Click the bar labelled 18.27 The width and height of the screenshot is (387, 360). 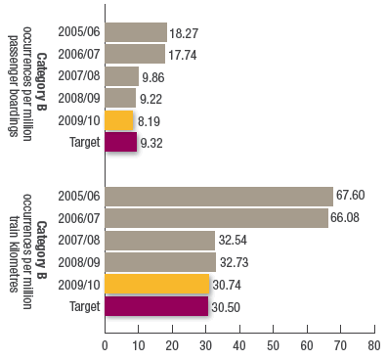pos(135,31)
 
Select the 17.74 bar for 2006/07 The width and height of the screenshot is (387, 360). pos(134,54)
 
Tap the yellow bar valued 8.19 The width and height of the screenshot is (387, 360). pos(118,120)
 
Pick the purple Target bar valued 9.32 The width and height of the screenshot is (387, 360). pos(120,143)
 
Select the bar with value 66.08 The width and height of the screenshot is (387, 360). pos(216,217)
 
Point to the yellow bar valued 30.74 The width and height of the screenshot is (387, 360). pos(156,284)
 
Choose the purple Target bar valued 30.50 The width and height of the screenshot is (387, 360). pos(155,306)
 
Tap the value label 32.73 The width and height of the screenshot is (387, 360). pos(236,262)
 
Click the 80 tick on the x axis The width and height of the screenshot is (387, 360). pos(372,345)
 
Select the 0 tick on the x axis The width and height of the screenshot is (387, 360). pos(105,345)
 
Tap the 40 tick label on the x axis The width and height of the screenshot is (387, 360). pos(238,345)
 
